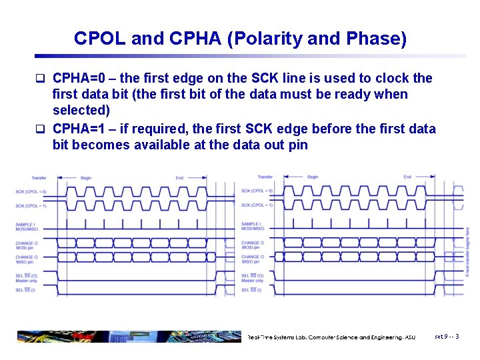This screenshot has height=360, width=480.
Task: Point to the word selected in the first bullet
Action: tap(81, 110)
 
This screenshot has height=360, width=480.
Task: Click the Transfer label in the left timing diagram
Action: tap(39, 177)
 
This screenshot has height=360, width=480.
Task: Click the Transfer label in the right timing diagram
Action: tap(265, 177)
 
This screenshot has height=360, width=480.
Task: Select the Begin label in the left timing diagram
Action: tap(86, 178)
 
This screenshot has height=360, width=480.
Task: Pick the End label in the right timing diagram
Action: tap(407, 177)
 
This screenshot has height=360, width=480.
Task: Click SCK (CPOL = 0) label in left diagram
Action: tap(31, 192)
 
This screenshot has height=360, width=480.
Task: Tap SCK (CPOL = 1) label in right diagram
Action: tap(257, 205)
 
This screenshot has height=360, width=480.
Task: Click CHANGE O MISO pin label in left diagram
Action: tap(27, 259)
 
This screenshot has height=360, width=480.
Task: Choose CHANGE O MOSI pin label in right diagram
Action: tap(253, 245)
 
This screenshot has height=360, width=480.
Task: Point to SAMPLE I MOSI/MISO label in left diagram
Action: tap(27, 227)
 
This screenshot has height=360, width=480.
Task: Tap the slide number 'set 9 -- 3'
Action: tap(447, 337)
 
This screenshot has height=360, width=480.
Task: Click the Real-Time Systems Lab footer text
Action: tap(331, 337)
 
